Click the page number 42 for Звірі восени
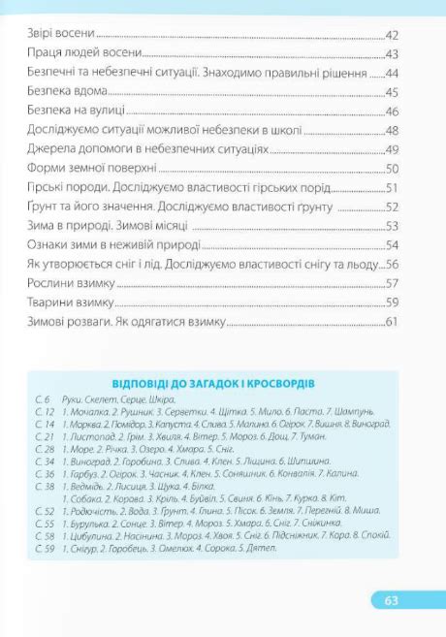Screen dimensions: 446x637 coord(393,36)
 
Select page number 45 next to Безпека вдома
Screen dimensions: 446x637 coord(393,92)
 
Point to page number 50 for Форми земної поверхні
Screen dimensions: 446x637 coord(393,169)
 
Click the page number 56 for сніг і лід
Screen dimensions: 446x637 coord(393,265)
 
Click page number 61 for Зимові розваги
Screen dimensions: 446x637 coord(393,322)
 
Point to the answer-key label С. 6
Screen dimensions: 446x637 coord(42,399)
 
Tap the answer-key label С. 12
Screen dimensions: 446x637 coord(44,412)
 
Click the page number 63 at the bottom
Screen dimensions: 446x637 coord(391,600)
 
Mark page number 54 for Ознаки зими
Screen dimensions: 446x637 coord(393,245)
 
